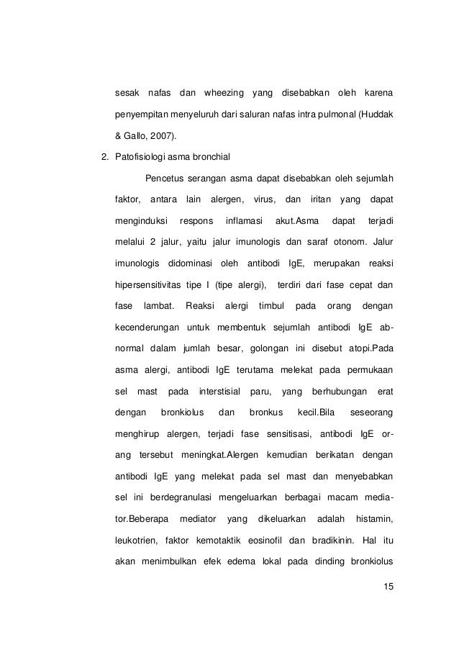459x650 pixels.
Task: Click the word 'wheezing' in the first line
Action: pos(223,94)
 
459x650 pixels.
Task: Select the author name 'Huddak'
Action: pos(375,114)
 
